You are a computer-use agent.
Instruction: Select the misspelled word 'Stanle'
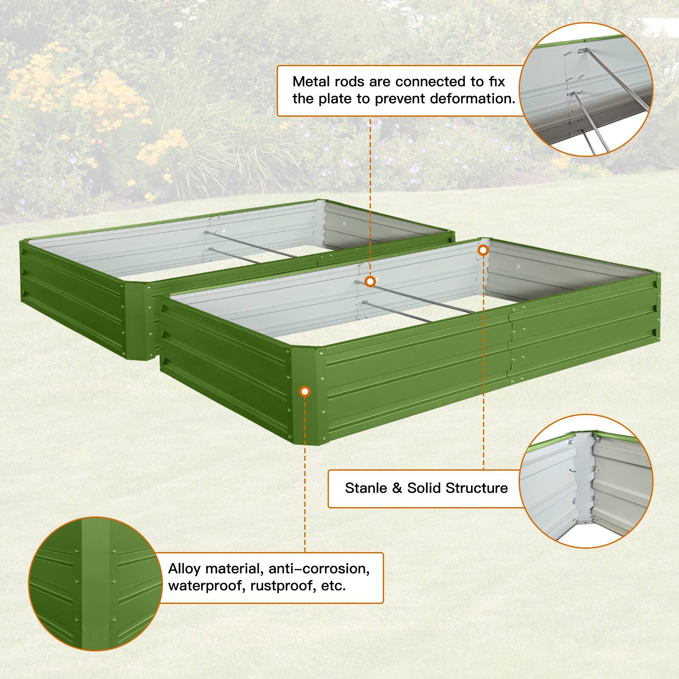pos(366,488)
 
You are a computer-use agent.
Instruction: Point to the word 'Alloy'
pos(185,568)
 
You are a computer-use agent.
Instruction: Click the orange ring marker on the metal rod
pos(370,281)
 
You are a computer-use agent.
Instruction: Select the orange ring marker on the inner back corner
pos(483,250)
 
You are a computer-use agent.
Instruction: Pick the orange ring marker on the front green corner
pos(305,391)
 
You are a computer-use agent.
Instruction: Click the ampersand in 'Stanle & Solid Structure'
pos(397,488)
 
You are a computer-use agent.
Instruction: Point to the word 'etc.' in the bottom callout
pos(334,586)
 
